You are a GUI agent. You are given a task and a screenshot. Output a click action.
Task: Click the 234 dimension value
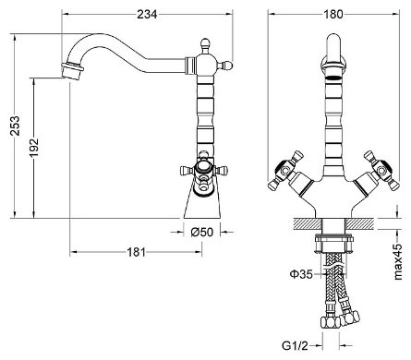pyautogui.click(x=147, y=14)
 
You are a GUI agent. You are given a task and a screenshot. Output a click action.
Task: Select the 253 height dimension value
pyautogui.click(x=15, y=126)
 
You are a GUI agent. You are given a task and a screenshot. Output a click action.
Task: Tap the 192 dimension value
pyautogui.click(x=34, y=147)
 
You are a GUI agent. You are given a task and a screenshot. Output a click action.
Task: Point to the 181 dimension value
pyautogui.click(x=136, y=252)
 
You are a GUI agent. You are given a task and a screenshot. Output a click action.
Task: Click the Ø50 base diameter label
pyautogui.click(x=201, y=232)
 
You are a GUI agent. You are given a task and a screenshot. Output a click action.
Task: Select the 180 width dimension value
pyautogui.click(x=333, y=14)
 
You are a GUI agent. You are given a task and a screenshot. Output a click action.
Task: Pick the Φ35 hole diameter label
pyautogui.click(x=301, y=274)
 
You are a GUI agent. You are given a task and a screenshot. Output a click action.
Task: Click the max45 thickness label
pyautogui.click(x=398, y=262)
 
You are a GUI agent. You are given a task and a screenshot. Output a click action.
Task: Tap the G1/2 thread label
pyautogui.click(x=295, y=346)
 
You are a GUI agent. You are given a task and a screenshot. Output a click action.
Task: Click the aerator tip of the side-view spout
pyautogui.click(x=72, y=71)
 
